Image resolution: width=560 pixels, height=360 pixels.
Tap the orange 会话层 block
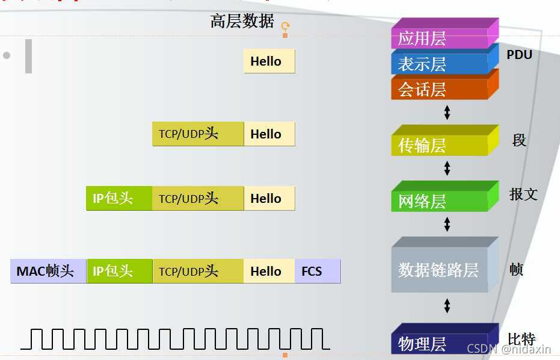point(439,89)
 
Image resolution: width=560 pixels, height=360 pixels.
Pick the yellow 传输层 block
point(439,145)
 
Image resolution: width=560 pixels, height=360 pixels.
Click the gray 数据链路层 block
point(439,270)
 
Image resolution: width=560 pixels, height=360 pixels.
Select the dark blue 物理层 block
point(439,344)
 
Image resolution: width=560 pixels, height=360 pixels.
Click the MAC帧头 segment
point(48,272)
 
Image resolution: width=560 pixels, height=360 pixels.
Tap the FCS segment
point(317,272)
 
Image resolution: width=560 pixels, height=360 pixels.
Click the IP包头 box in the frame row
point(119,272)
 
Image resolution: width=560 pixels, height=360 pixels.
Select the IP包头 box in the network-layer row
point(119,198)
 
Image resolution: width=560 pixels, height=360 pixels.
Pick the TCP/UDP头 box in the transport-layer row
point(198,134)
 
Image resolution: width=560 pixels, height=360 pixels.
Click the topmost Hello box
point(269,61)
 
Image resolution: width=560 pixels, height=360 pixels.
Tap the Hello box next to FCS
point(269,272)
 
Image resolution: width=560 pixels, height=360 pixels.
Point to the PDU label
point(519,55)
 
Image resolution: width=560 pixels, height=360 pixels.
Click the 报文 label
point(523,194)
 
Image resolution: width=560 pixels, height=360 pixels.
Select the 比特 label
point(521,339)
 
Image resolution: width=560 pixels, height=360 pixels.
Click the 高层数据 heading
point(242,22)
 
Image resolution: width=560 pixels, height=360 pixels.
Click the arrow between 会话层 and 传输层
point(447,112)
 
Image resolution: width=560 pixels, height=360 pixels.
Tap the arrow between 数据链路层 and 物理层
point(447,306)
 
